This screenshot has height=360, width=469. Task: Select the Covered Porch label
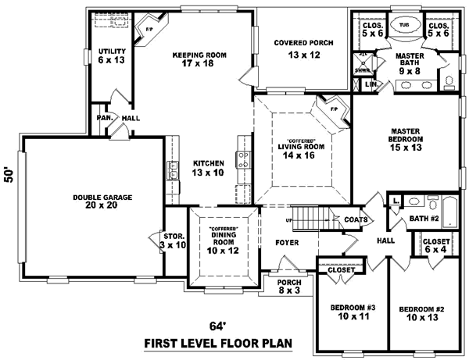(304, 48)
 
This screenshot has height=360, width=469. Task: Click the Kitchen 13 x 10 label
(209, 168)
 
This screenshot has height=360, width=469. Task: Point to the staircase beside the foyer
(310, 216)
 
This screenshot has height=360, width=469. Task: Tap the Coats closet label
(355, 220)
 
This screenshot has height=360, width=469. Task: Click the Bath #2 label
(429, 218)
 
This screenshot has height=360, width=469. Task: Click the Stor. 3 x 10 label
(173, 239)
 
